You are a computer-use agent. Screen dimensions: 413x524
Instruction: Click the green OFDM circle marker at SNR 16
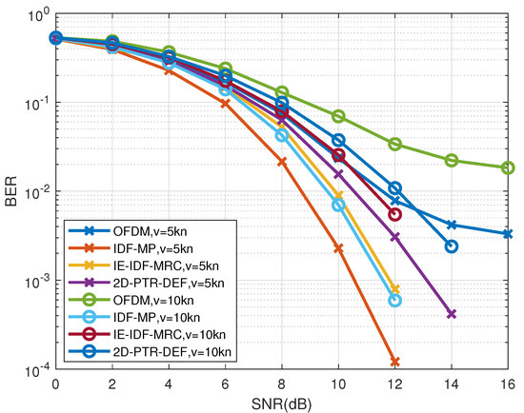click(x=508, y=167)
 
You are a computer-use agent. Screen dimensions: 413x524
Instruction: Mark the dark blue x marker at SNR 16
click(x=508, y=234)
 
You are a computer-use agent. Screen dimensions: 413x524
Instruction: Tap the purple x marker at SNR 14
click(x=452, y=314)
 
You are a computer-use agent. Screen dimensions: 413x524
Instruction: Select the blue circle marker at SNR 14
click(x=452, y=246)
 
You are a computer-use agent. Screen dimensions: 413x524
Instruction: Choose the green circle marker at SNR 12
click(x=394, y=145)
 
